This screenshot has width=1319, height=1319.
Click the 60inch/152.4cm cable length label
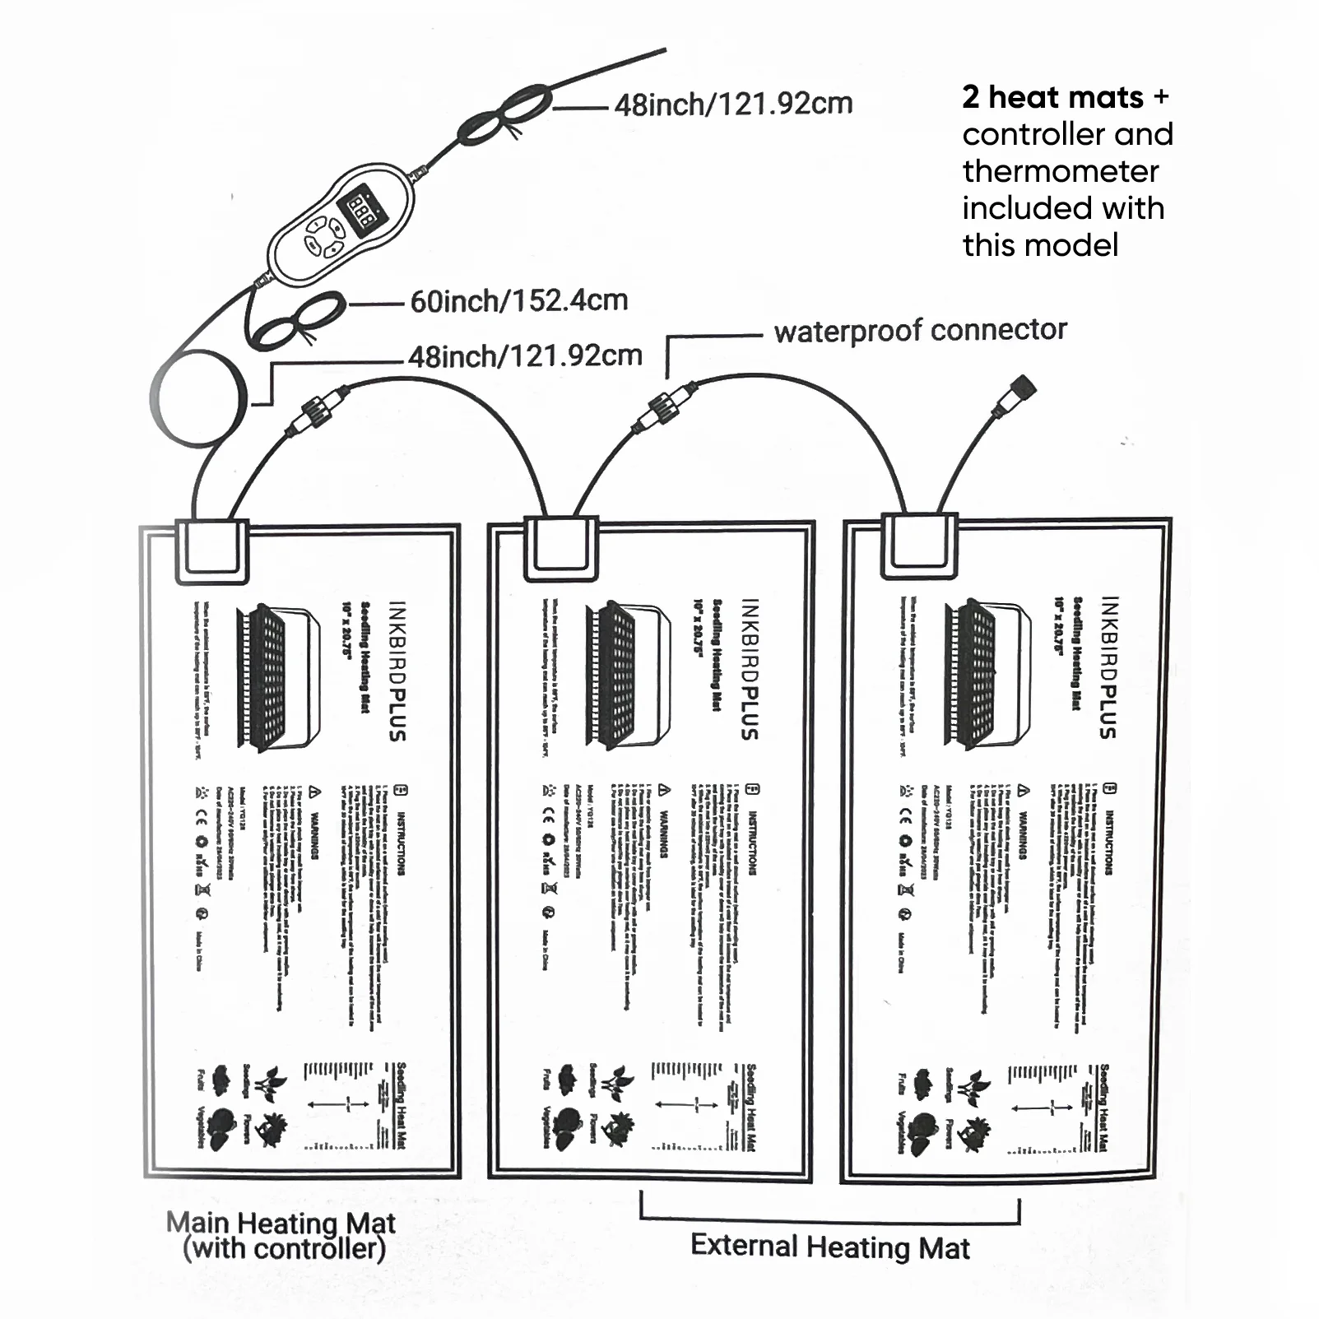[518, 301]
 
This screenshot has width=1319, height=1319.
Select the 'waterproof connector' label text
[920, 331]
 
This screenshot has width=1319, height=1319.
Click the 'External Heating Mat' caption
[829, 1247]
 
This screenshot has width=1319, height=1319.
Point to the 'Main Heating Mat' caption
[281, 1224]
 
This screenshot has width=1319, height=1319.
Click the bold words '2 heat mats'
[1052, 98]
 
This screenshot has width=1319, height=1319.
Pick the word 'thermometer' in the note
[1060, 171]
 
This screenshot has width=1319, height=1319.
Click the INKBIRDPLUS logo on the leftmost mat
[397, 671]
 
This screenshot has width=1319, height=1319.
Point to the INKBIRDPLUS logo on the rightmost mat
[1108, 667]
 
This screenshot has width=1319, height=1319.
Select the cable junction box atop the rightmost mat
[919, 546]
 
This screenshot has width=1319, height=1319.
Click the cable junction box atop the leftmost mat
[212, 550]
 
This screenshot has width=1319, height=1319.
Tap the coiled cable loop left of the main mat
[198, 398]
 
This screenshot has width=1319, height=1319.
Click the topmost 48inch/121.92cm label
[733, 105]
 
